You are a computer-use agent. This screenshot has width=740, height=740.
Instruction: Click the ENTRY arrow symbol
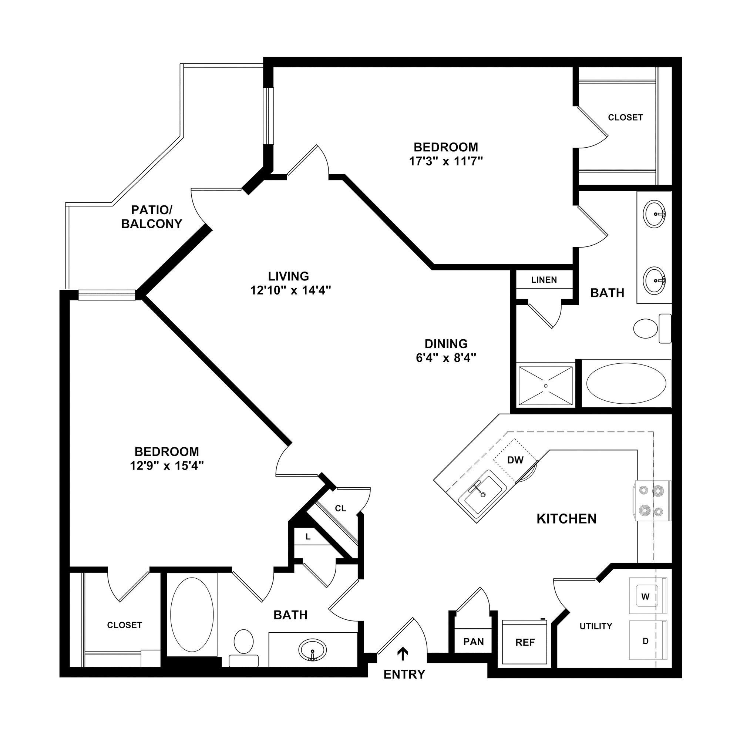(x=402, y=654)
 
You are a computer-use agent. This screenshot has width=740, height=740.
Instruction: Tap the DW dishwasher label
(x=515, y=460)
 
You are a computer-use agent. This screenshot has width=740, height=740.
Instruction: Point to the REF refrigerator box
(x=525, y=642)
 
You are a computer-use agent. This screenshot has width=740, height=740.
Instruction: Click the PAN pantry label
(x=474, y=642)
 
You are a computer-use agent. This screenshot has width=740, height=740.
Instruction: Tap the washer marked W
(x=646, y=596)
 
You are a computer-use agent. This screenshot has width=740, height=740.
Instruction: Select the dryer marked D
(x=646, y=641)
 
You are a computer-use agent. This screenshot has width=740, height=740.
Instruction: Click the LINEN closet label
(x=544, y=280)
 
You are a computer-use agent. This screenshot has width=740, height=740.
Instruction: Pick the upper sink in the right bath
(x=654, y=214)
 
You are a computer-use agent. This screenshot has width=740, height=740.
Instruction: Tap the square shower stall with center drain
(x=545, y=386)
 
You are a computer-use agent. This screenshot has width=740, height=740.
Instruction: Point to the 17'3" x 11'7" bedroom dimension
(x=446, y=161)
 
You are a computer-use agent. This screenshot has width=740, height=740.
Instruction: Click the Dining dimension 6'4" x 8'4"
(x=446, y=358)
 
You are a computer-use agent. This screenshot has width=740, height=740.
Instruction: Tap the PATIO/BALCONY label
(x=152, y=217)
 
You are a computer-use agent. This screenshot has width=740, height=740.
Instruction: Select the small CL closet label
(x=340, y=509)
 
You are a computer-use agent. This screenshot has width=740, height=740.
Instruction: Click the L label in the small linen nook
(x=308, y=537)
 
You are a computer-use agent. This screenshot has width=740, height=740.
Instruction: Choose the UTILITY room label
(x=596, y=626)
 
